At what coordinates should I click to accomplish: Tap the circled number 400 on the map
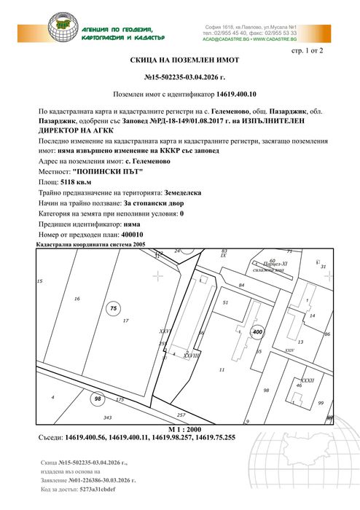pyautogui.click(x=256, y=331)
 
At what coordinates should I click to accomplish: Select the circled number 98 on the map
pyautogui.click(x=97, y=399)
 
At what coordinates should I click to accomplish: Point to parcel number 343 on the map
pyautogui.click(x=108, y=417)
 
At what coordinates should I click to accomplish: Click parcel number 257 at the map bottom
pyautogui.click(x=181, y=415)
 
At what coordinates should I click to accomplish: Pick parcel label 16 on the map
pyautogui.click(x=77, y=299)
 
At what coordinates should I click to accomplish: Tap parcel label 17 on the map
pyautogui.click(x=125, y=321)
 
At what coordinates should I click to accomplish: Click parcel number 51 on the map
pyautogui.click(x=225, y=302)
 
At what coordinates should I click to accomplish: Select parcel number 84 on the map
pyautogui.click(x=241, y=286)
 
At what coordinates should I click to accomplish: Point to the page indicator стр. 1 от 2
pyautogui.click(x=306, y=52)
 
